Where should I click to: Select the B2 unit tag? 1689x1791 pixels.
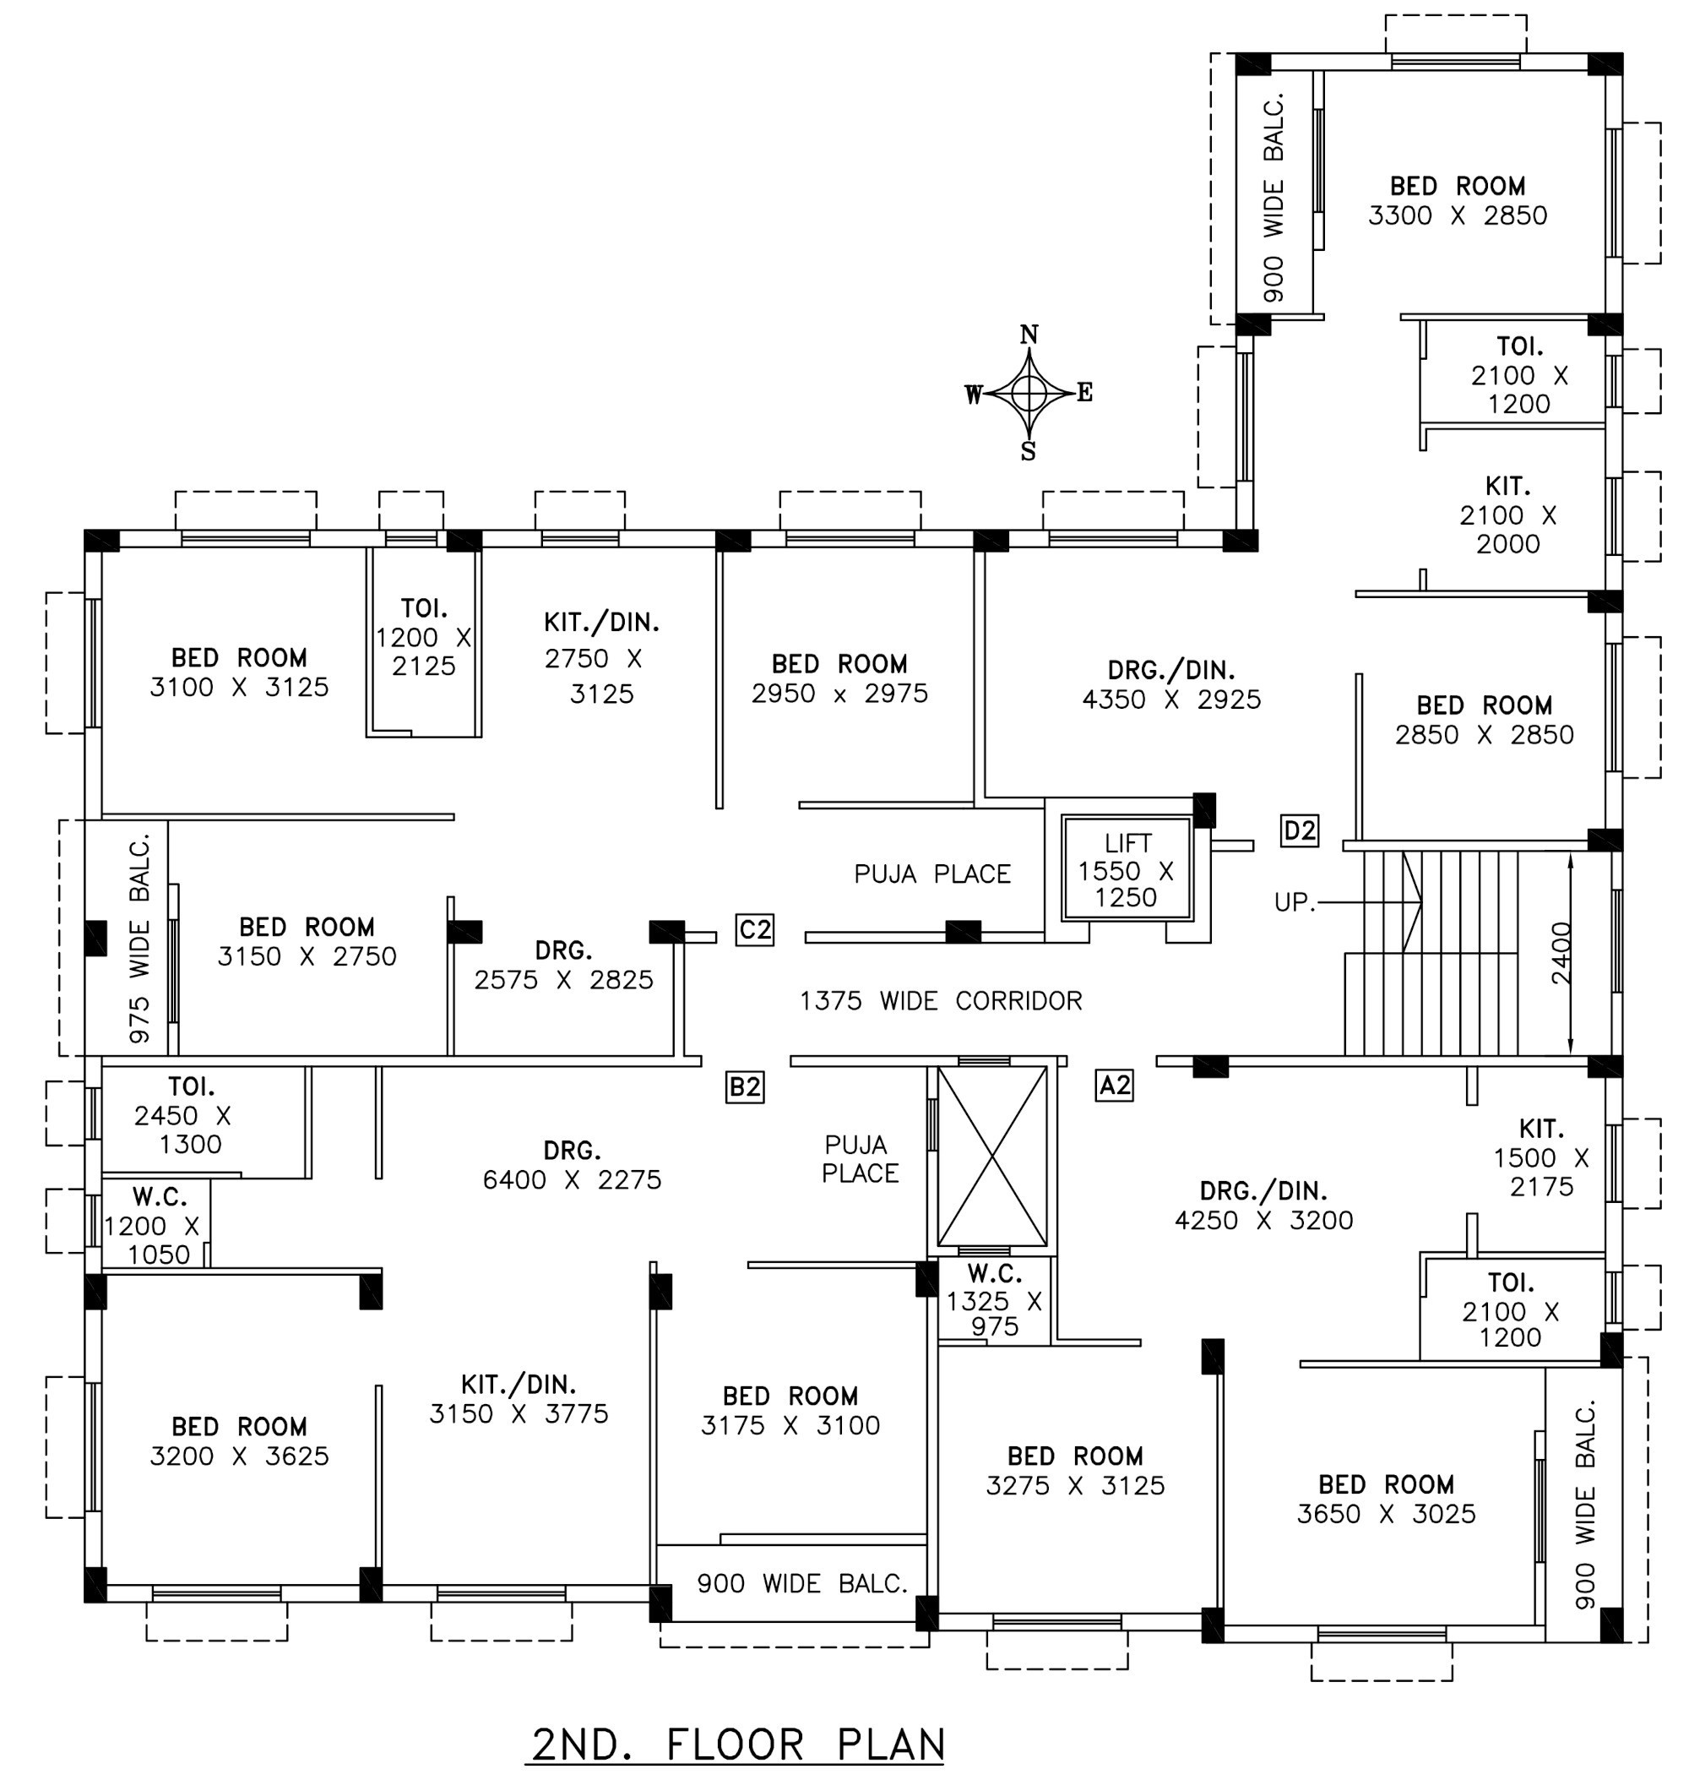click(745, 1087)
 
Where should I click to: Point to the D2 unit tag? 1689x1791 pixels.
click(1299, 830)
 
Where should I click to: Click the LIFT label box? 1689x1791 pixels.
click(1127, 869)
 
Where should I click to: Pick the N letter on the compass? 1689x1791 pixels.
click(1029, 335)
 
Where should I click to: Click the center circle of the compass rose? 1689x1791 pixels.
click(1029, 393)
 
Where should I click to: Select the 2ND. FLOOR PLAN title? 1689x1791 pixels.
click(738, 1745)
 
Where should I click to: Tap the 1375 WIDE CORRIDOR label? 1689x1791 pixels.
click(941, 1001)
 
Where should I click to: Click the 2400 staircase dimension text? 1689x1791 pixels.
click(1561, 952)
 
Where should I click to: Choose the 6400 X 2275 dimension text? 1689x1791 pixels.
click(572, 1179)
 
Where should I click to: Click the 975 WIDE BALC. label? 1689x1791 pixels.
click(139, 938)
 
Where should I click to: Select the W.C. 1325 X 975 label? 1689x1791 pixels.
click(994, 1300)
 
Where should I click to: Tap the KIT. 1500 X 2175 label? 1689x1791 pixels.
click(1540, 1157)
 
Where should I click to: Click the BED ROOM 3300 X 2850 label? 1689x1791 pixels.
click(1458, 200)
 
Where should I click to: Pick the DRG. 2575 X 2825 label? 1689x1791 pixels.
click(564, 965)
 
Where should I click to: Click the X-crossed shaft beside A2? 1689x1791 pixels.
click(991, 1156)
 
